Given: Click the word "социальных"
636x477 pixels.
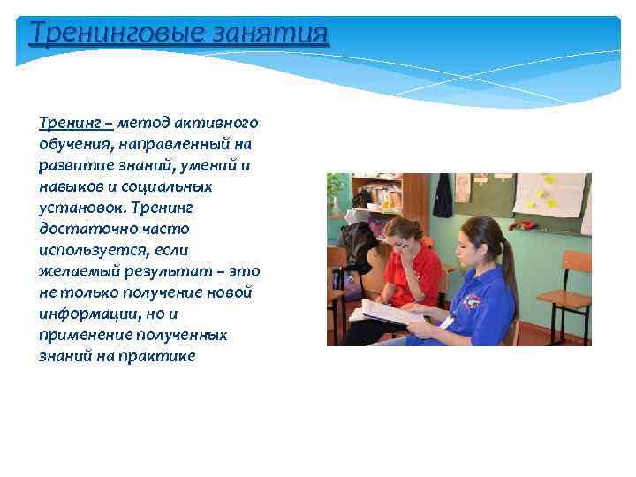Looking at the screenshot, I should tap(170, 187).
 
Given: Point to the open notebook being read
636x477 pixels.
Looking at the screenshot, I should tap(389, 312).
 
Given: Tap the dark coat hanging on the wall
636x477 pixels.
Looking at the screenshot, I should tap(443, 196).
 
